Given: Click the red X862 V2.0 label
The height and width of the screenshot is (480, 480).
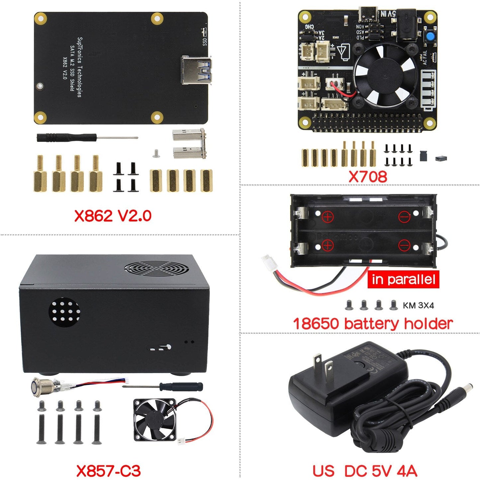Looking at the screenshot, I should pyautogui.click(x=113, y=216).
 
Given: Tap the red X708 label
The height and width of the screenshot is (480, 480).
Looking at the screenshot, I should pyautogui.click(x=368, y=176).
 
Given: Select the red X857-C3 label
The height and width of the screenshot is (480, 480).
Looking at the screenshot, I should pyautogui.click(x=109, y=471).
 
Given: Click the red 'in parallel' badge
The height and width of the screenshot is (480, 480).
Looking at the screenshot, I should pyautogui.click(x=403, y=279).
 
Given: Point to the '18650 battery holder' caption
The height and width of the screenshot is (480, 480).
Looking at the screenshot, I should pyautogui.click(x=373, y=324).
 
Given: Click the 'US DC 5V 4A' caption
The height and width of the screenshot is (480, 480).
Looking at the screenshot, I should pyautogui.click(x=365, y=471).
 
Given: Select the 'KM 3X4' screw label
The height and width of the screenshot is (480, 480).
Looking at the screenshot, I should pyautogui.click(x=418, y=305).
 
